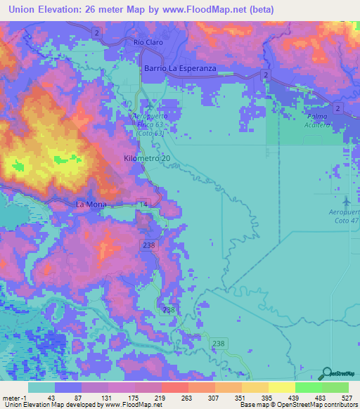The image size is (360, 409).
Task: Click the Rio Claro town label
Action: (x=148, y=42)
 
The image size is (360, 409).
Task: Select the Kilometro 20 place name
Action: (x=146, y=159)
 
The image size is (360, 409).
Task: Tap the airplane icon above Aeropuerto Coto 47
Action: (x=345, y=200)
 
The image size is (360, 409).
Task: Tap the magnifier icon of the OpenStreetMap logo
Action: (x=326, y=373)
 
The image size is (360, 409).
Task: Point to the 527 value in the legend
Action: (x=347, y=397)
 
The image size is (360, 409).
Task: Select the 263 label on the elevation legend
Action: (x=187, y=397)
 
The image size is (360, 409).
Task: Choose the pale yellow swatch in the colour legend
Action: (x=281, y=387)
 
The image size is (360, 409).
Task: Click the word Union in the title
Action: (x=21, y=10)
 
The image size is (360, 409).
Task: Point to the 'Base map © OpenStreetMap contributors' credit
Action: (x=299, y=405)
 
